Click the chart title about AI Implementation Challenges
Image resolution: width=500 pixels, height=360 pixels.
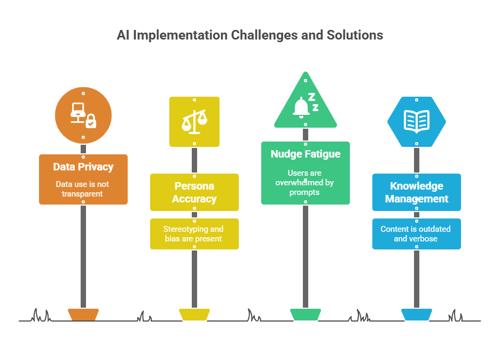tap(249, 35)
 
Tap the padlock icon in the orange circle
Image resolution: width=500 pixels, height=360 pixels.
tap(91, 121)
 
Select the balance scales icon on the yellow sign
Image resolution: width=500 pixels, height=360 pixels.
tap(194, 122)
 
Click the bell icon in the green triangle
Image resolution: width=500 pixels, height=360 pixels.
tap(301, 107)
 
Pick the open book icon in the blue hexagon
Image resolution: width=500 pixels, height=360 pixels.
tap(417, 121)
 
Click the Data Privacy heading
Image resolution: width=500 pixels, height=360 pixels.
tap(83, 167)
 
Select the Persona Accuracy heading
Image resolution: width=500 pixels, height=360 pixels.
tap(194, 192)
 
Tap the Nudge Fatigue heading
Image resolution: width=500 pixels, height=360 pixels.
tap(306, 154)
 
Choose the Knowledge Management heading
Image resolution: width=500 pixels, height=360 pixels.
tap(417, 192)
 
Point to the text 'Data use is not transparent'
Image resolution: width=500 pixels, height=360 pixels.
tap(83, 189)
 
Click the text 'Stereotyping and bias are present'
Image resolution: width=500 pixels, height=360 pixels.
tap(194, 234)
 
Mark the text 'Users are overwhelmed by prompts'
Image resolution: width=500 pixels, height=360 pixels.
tap(306, 183)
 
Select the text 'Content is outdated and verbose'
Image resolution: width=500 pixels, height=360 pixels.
tap(417, 234)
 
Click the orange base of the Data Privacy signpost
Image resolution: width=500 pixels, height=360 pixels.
tap(83, 314)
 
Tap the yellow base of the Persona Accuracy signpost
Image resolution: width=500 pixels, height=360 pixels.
tap(194, 314)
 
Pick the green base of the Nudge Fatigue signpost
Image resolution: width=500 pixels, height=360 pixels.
tap(306, 314)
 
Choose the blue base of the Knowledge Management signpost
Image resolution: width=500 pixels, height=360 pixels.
tap(417, 314)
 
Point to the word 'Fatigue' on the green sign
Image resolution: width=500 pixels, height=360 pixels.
tap(322, 154)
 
